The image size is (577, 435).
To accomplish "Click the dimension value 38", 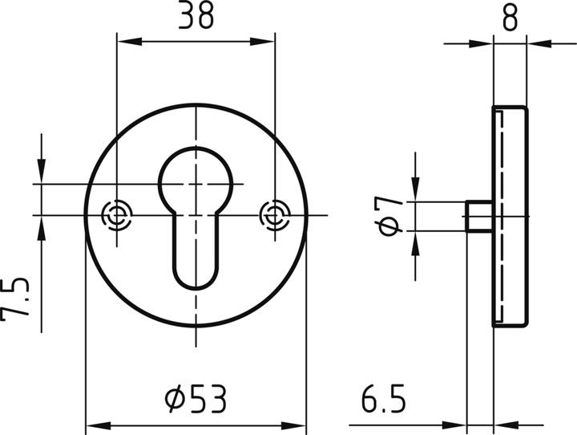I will [x=196, y=17].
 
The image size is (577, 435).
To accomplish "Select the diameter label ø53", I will [x=196, y=397].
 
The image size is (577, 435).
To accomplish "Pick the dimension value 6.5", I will [x=383, y=397].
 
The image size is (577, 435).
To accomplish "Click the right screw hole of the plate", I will [x=275, y=215].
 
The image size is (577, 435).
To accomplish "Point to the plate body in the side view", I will [x=510, y=217].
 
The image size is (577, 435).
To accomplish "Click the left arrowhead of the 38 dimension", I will [x=124, y=42].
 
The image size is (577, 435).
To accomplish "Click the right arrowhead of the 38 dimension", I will [x=268, y=42].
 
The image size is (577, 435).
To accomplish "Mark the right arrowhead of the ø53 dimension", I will [x=298, y=425].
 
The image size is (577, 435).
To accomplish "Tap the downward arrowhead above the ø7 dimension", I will [x=415, y=193].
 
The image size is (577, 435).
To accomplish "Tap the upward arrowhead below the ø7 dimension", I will [x=415, y=239].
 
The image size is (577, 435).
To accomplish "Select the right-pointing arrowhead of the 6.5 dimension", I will [x=458, y=425].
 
